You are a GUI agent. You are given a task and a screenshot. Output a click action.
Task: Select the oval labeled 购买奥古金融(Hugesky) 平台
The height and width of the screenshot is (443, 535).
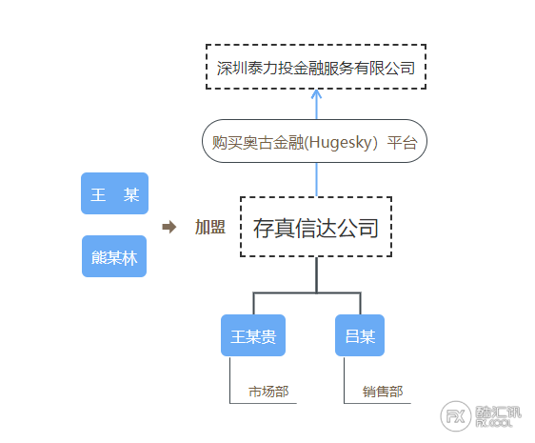tap(314, 141)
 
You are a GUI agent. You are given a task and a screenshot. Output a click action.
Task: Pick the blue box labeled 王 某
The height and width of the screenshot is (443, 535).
tap(114, 193)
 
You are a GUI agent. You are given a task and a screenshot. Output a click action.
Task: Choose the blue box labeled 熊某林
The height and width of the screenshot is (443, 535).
tap(114, 256)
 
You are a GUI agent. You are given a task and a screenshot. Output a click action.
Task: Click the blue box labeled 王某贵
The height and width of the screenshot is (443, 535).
tap(253, 335)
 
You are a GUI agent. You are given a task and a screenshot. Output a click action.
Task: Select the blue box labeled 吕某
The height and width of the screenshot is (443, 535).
tap(360, 335)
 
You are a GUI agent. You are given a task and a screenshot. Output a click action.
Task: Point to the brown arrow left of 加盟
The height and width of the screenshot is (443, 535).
tap(169, 227)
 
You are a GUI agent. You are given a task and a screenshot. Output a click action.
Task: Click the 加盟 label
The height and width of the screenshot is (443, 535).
tap(210, 227)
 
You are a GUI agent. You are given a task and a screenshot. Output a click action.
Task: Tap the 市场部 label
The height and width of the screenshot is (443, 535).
tap(268, 392)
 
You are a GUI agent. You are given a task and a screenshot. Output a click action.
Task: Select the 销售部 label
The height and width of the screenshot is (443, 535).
tap(383, 392)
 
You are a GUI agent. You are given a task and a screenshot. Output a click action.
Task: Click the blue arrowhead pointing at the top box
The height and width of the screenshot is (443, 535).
tap(316, 93)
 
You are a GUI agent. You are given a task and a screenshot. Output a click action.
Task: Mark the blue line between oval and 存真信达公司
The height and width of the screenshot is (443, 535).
tap(316, 180)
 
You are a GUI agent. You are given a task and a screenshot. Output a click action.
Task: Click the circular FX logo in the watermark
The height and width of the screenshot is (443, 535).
tap(456, 416)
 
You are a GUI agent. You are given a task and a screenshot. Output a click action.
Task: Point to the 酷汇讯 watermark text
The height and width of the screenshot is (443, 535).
tap(499, 413)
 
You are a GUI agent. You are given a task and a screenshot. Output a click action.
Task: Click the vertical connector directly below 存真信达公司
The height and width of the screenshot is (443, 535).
tap(317, 275)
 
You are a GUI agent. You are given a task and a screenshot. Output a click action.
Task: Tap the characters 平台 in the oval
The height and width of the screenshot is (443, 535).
tap(403, 143)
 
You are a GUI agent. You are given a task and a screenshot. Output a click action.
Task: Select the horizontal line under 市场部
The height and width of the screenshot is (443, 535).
tap(263, 403)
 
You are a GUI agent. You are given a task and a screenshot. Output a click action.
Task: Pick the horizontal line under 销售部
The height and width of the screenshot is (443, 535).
tap(377, 403)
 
